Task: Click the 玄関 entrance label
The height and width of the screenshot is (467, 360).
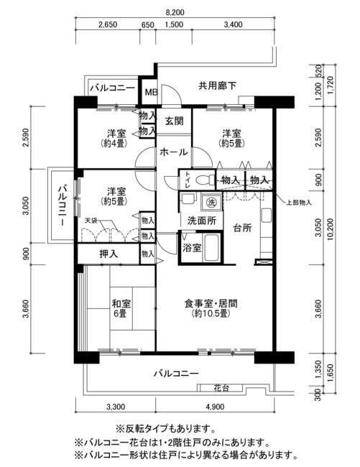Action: click(x=174, y=121)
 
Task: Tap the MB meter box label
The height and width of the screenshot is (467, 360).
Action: click(x=151, y=92)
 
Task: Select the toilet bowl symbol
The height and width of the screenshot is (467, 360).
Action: click(x=206, y=180)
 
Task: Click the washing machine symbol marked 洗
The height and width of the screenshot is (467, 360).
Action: click(x=211, y=203)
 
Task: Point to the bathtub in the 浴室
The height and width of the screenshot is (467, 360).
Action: click(x=211, y=247)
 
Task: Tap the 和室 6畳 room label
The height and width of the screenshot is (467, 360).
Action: click(x=121, y=308)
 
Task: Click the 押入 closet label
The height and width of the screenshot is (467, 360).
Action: click(x=109, y=254)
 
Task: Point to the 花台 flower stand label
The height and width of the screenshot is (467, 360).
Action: click(x=221, y=388)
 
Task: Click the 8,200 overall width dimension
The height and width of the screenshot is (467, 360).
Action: click(x=175, y=12)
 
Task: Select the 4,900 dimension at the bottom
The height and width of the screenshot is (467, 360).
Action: click(x=215, y=406)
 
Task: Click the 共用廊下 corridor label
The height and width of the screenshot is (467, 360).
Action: click(x=218, y=85)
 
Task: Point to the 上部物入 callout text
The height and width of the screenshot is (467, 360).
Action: click(x=299, y=203)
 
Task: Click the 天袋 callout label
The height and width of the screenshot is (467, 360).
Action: click(x=91, y=221)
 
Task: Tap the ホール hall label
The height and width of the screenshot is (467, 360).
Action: click(x=174, y=152)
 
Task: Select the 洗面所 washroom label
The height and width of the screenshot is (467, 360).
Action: click(x=202, y=221)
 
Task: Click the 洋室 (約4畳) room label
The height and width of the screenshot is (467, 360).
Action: click(x=116, y=138)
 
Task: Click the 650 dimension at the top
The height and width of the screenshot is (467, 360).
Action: click(x=148, y=24)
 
